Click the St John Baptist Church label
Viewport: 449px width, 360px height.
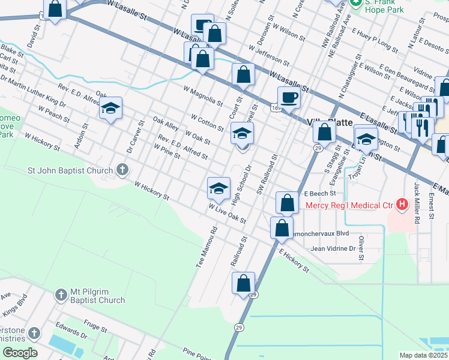coord(71,170)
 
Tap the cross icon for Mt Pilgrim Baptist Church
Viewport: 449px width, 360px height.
coord(61,295)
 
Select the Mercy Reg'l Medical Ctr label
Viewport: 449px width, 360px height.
coord(349,206)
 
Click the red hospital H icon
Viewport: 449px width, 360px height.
coord(403,206)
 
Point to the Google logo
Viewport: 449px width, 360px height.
coord(19,353)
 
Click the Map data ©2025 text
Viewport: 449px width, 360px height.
coord(424,355)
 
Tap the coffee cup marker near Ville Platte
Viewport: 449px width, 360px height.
coord(289,97)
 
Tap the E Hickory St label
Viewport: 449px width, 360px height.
coord(294,261)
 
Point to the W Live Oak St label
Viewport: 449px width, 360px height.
coord(228,214)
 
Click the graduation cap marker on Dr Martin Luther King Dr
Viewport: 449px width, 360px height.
coord(110,109)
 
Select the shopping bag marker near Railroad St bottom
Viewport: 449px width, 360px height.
coord(243,283)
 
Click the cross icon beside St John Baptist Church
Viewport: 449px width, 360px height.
coord(122,170)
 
